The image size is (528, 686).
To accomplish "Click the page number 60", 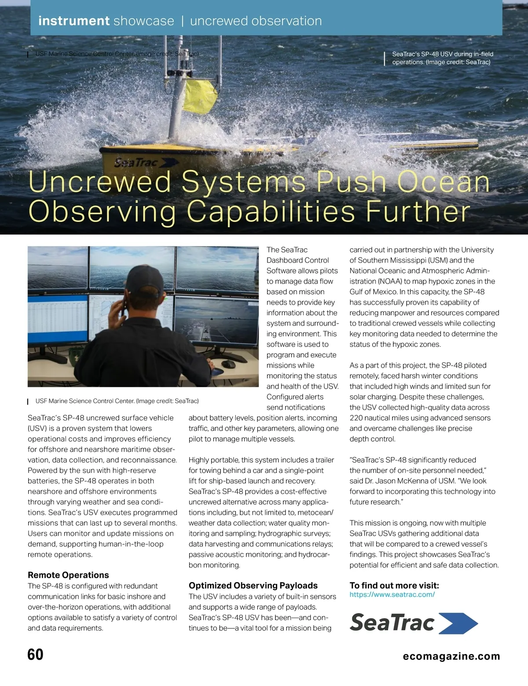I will pos(35,654).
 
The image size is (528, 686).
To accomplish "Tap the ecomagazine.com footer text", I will pos(451,656).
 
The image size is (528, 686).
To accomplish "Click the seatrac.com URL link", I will pos(392,594).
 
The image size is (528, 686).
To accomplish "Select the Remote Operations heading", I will pos(68,575).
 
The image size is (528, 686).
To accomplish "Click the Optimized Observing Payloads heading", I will pos(253,586).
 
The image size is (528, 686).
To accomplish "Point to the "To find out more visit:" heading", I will pos(394,586).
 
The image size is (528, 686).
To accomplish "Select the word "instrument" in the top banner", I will pos(74,21).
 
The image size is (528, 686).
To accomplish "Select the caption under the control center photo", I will pos(117,401).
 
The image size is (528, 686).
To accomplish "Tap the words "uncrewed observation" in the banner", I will pos(256,21).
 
